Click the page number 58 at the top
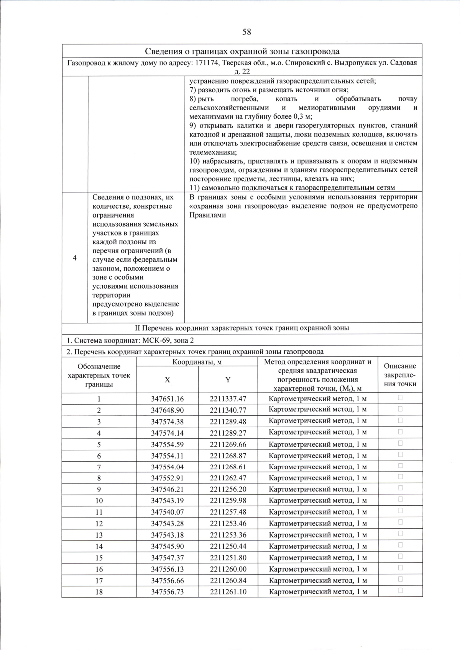(246, 32)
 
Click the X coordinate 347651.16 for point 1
(167, 399)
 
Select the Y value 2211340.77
(228, 410)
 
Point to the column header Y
(228, 380)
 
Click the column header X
(167, 380)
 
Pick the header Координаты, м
(197, 362)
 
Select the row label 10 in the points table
(99, 501)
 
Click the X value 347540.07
(167, 512)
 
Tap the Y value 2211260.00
(228, 569)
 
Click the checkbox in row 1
(400, 398)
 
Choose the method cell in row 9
(318, 489)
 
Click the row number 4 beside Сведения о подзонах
(75, 258)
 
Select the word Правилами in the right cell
(207, 215)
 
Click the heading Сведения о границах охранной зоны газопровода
(242, 51)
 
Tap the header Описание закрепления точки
(400, 375)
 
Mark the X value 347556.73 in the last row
(167, 592)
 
